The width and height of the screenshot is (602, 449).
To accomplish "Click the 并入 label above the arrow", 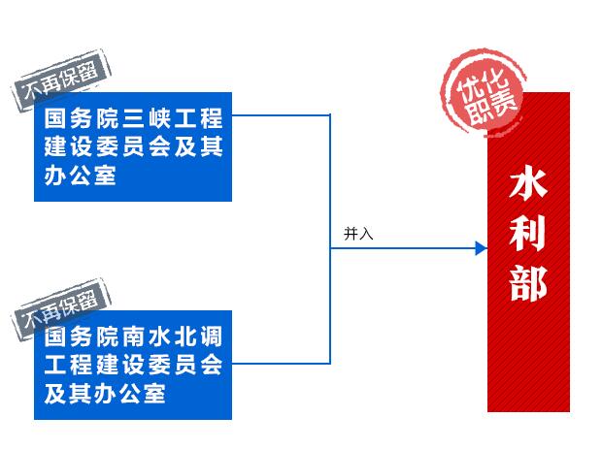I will pos(358,234).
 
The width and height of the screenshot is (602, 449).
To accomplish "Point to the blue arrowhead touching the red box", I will pos(481,249).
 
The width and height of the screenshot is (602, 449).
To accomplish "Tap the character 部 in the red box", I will pos(528,282).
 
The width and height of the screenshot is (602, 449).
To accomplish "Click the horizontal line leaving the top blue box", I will pos(282,115).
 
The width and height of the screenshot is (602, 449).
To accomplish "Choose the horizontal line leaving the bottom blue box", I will pos(282,363).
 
